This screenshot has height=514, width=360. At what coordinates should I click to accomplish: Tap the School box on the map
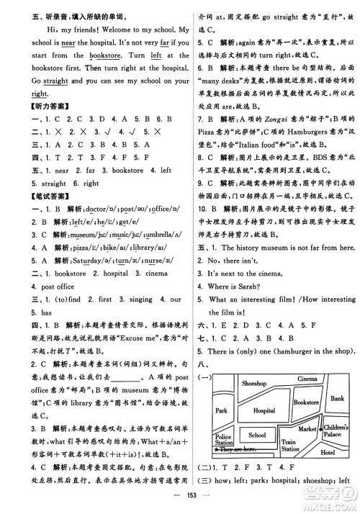(256, 456)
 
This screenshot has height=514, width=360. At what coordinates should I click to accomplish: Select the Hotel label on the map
(328, 473)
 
